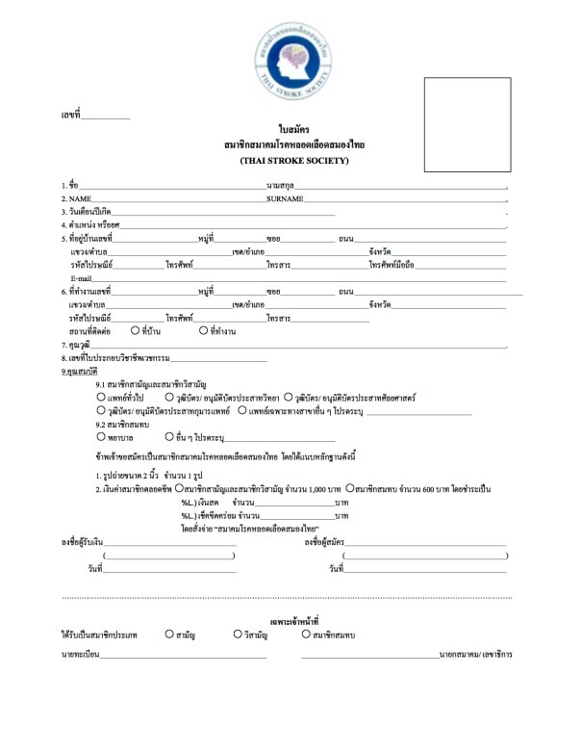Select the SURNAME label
pos(286,196)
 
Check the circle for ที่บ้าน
pos(135,329)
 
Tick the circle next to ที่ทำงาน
pos(203,329)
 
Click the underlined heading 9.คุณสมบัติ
pos(81,370)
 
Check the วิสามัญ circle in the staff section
pos(237,635)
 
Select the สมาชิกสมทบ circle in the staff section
pos(306,635)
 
